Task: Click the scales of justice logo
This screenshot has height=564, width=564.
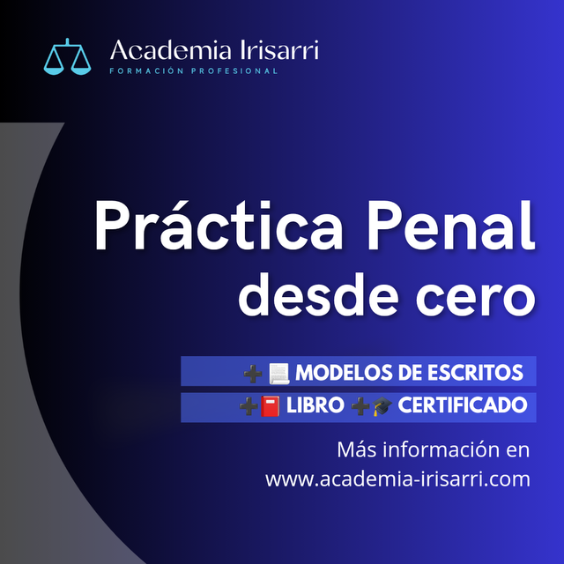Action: (x=67, y=56)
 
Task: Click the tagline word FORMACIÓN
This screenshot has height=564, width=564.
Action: (x=147, y=70)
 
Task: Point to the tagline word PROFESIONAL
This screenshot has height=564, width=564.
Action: (x=234, y=70)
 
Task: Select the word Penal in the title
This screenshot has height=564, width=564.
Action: (x=450, y=225)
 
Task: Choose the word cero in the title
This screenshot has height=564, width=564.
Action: (x=476, y=297)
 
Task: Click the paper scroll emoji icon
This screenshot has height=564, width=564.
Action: (x=279, y=374)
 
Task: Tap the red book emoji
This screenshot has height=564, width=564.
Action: (x=271, y=406)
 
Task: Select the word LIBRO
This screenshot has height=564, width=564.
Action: (x=315, y=405)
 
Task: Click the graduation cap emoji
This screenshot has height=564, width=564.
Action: (x=382, y=406)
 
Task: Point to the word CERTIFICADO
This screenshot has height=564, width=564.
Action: (x=463, y=405)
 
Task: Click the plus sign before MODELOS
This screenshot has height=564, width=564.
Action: (x=253, y=374)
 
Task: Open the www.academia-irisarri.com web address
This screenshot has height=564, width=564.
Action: (x=397, y=479)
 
